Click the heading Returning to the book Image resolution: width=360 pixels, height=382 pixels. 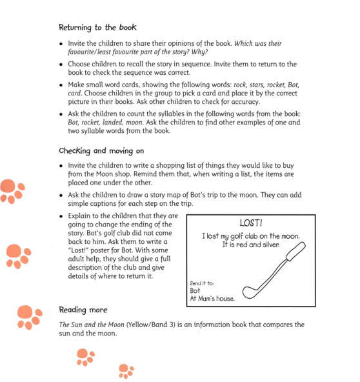(97, 28)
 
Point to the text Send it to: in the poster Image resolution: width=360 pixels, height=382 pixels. (203, 283)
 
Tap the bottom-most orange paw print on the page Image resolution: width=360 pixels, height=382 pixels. (126, 370)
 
